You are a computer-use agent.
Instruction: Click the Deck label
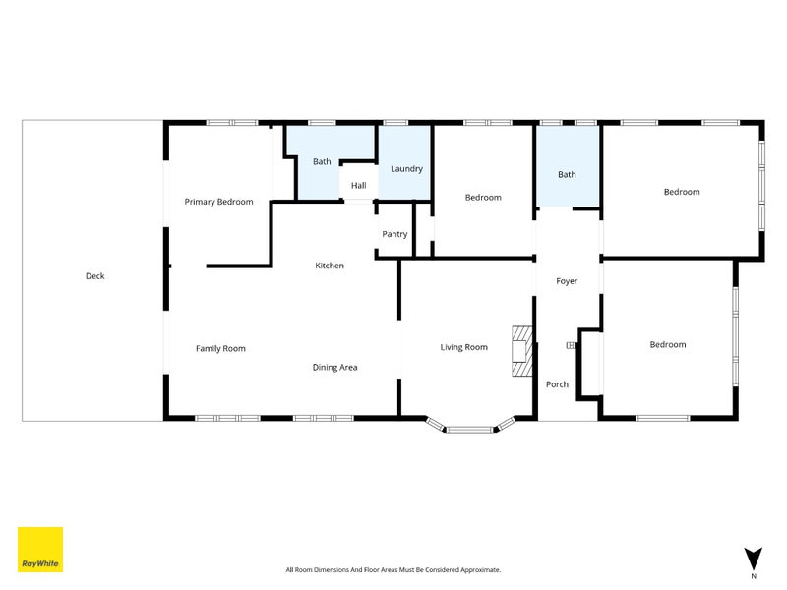pos(94,276)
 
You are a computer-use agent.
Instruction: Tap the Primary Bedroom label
pos(218,202)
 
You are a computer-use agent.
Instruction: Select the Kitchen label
pos(330,265)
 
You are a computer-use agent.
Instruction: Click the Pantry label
pos(394,234)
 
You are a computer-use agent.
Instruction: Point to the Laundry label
pos(406,169)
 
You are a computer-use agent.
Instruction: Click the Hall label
pos(358,186)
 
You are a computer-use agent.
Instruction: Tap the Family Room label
pos(220,348)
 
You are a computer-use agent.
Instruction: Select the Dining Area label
pos(334,367)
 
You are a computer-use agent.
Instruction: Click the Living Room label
pos(463,347)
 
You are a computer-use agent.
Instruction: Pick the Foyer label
pos(567,281)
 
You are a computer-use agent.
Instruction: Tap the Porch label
pos(557,384)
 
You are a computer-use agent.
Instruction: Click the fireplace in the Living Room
pos(520,351)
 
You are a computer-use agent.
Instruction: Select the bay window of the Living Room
pos(470,427)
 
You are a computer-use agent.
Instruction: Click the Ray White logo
pos(40,550)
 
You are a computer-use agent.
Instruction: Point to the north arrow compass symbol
pos(754,559)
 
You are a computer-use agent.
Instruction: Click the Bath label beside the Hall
pos(322,160)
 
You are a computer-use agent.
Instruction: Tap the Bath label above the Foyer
pos(567,174)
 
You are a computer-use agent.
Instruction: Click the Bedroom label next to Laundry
pos(483,198)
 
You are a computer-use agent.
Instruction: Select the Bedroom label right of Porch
pos(667,344)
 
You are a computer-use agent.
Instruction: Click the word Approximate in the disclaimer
pos(478,569)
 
